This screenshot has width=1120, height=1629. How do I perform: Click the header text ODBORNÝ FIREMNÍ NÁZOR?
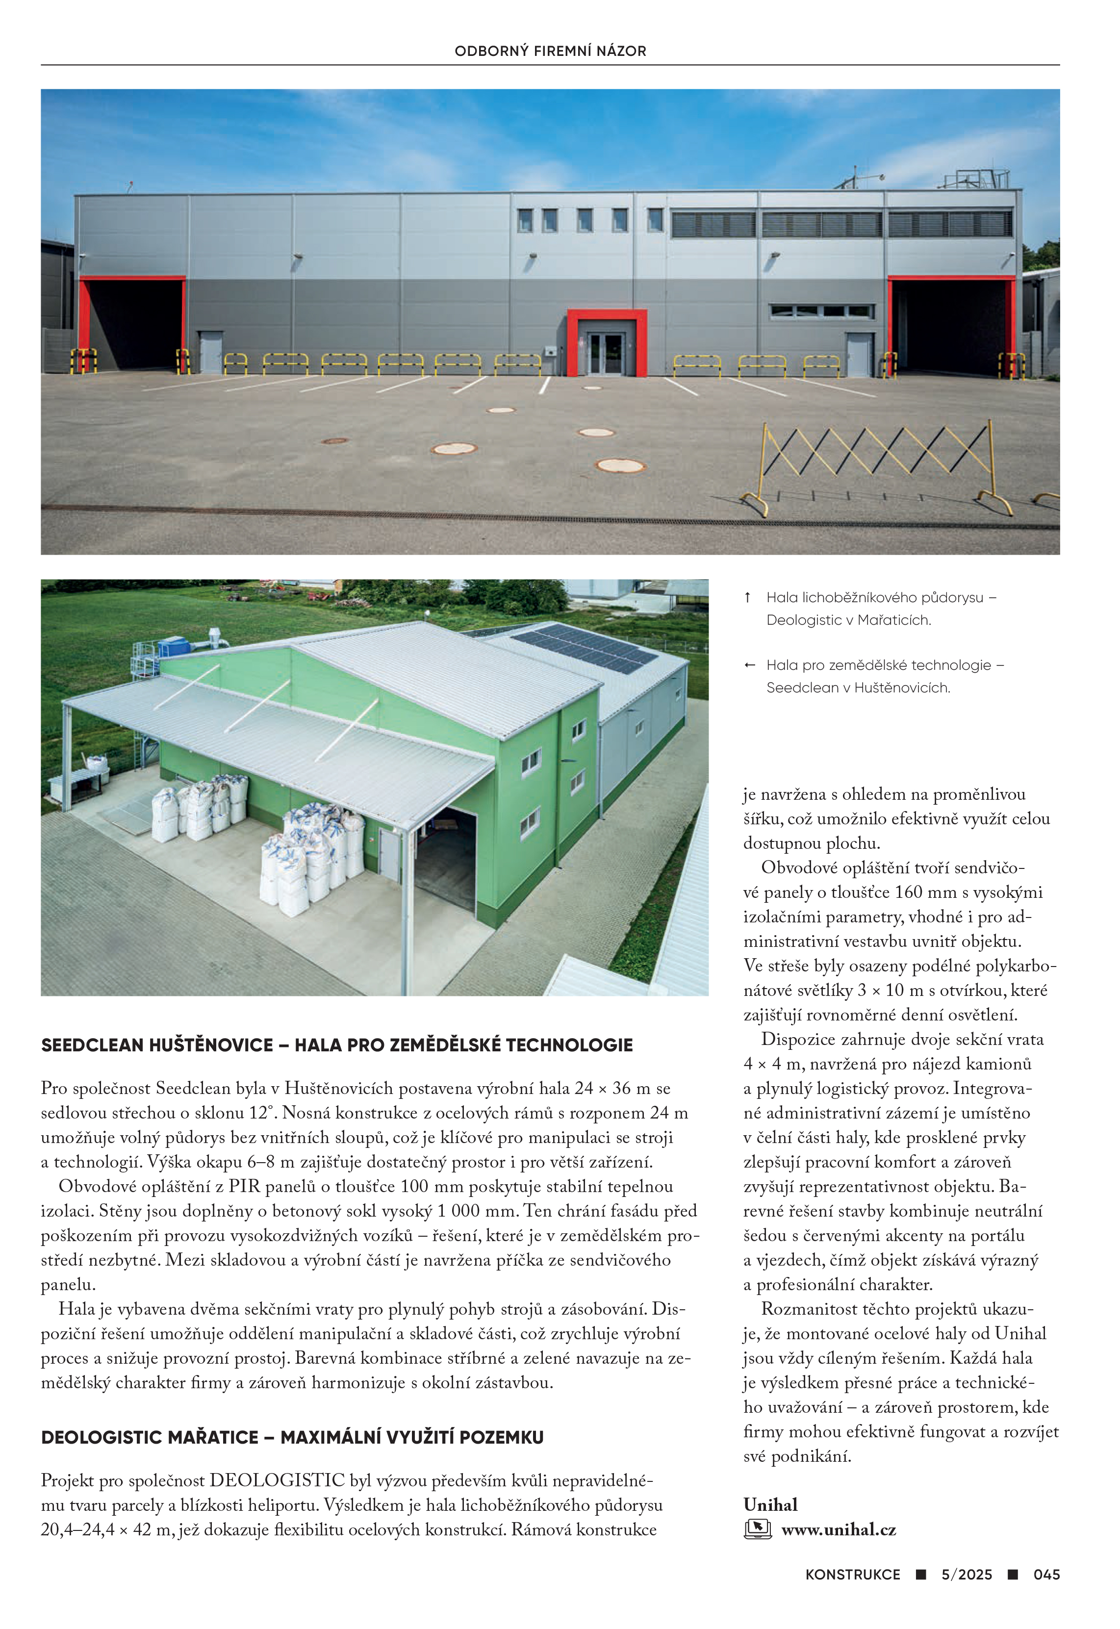coord(550,51)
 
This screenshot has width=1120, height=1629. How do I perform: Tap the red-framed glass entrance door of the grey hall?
coord(605,353)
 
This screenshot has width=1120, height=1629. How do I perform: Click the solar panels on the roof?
coord(586,648)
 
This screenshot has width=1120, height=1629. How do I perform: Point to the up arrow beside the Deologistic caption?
coord(748,598)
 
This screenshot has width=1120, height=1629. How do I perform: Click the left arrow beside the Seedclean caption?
coord(749,665)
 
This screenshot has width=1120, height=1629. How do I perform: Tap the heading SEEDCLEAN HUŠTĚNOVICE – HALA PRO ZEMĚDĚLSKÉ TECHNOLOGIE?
coord(337,1045)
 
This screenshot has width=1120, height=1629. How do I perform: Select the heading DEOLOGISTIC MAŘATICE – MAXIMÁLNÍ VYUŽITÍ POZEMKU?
coord(292,1437)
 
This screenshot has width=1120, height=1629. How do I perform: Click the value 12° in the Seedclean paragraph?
coord(259,1113)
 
